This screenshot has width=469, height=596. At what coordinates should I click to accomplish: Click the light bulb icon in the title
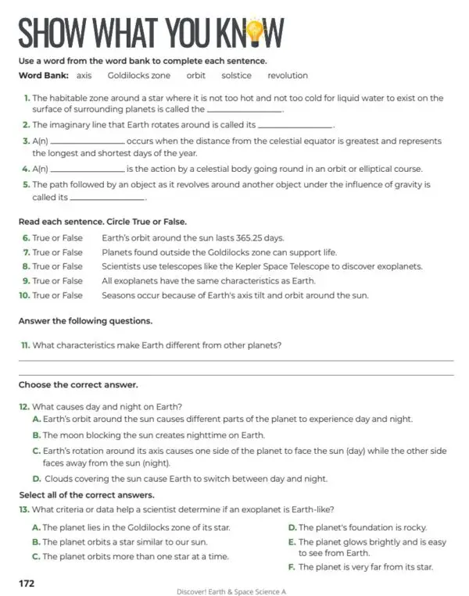point(255,32)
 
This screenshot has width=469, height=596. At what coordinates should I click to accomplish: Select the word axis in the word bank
point(84,76)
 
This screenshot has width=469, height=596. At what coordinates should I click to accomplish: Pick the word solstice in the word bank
point(236,76)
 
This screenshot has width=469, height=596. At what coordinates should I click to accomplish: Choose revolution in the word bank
point(288,76)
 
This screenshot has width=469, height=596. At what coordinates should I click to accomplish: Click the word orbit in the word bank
point(195,76)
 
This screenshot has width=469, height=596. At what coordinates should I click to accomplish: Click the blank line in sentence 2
point(295,126)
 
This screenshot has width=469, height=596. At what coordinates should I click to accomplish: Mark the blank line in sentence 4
point(87,170)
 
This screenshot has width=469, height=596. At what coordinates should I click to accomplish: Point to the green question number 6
point(26,237)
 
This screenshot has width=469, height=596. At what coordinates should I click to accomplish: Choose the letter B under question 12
point(36,435)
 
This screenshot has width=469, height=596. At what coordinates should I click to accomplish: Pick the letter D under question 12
point(36,479)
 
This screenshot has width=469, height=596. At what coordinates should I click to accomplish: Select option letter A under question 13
point(36,527)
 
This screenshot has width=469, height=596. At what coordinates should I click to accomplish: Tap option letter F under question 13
point(292,567)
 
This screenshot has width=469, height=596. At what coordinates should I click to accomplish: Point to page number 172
point(27,583)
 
